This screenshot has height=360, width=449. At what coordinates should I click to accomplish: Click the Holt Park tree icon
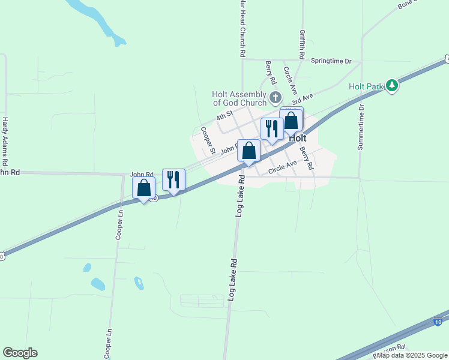(392, 86)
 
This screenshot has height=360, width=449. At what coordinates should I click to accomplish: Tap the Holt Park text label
(366, 87)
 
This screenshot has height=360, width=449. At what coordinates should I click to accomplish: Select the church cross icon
(276, 97)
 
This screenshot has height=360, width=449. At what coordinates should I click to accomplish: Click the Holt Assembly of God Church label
(239, 98)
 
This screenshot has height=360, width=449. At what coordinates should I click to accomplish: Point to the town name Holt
(298, 137)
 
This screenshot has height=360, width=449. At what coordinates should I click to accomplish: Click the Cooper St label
(208, 140)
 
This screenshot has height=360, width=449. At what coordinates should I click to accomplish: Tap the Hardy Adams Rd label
(5, 141)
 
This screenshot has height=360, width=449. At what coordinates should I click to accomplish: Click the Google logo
(20, 353)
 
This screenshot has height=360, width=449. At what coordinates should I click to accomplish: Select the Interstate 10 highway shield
(438, 322)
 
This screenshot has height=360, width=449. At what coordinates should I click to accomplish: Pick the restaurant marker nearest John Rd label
(173, 179)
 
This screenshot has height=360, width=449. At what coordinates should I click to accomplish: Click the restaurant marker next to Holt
(272, 129)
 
